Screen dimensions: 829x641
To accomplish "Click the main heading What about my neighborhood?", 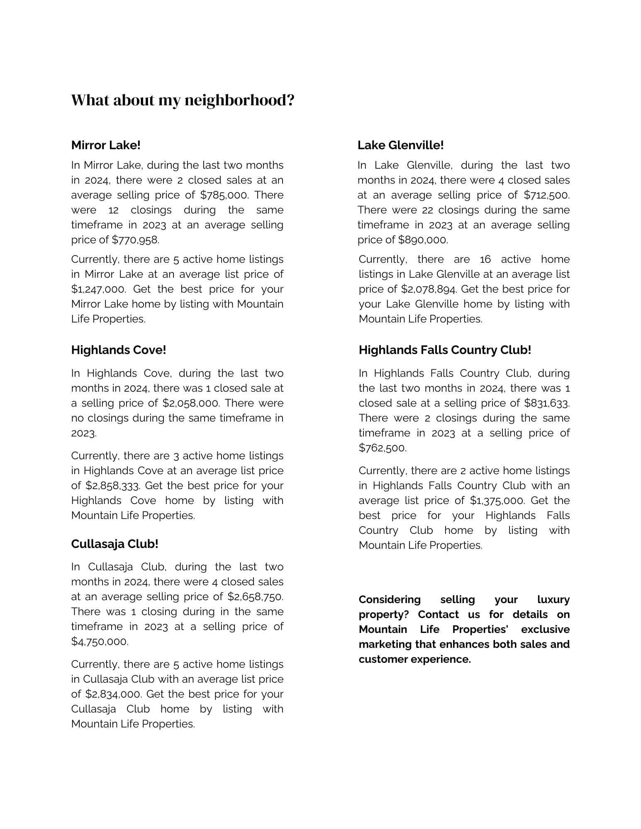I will pos(183,100).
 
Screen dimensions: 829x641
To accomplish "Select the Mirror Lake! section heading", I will pos(106,145).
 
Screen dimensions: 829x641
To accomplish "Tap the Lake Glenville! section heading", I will pos(400,145).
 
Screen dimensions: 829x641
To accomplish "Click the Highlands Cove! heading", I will pos(118,350).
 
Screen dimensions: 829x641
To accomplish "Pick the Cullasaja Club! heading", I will pos(115,544).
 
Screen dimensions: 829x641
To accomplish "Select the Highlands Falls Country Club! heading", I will pos(445,350).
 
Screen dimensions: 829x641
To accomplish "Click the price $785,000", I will pos(224,195).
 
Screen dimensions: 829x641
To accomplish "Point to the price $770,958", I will pos(135,240).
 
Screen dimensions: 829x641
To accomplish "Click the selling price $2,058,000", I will pos(191,403).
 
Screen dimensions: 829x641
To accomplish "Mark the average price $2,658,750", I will pos(255,596).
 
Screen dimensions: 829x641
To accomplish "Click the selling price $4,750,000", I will pos(100,641).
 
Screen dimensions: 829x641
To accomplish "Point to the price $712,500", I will pos(546,195).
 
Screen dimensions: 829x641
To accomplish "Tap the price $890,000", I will pos(423,240).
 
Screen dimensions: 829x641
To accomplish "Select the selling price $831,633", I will pos(546,403).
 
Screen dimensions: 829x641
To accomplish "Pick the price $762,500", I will pos(383,448).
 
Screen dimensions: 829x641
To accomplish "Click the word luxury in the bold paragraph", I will pos(553,599).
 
